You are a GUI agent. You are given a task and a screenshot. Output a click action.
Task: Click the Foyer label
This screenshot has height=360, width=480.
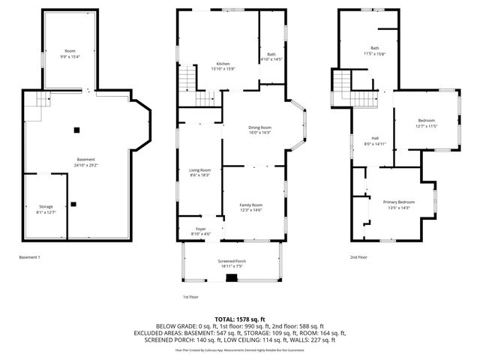[201, 230]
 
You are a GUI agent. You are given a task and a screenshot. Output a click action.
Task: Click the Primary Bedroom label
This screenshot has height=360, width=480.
[398, 205]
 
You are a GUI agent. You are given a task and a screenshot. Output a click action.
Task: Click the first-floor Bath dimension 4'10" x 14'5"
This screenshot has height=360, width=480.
[270, 59]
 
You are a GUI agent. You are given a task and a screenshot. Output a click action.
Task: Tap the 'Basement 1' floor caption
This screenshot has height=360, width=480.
[30, 257]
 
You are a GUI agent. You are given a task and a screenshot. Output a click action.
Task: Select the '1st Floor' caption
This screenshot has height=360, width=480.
[190, 297]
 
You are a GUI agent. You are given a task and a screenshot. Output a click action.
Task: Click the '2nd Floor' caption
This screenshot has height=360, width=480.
[358, 257]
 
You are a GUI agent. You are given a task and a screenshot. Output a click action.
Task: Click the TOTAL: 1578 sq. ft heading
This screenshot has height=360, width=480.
[239, 319]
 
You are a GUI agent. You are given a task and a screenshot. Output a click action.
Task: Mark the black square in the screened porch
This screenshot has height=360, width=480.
[231, 277]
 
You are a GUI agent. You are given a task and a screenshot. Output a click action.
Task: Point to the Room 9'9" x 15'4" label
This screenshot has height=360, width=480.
[69, 53]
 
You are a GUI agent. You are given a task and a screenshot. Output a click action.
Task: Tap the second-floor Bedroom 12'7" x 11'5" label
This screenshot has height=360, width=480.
[426, 123]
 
